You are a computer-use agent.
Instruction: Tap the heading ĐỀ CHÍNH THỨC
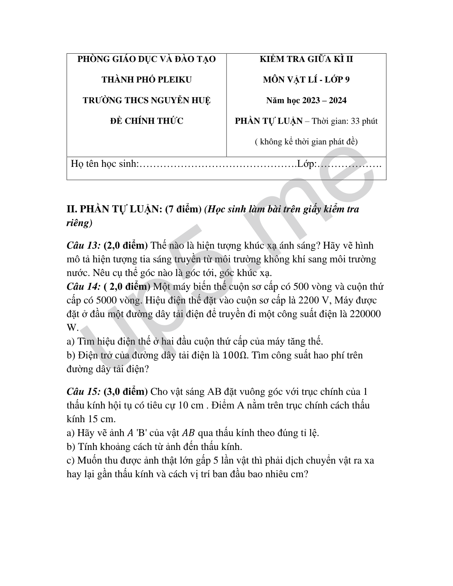[x=147, y=121]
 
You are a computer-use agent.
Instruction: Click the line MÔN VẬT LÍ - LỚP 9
[x=306, y=80]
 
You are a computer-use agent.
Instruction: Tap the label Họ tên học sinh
[x=104, y=164]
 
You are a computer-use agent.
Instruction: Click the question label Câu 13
[x=84, y=246]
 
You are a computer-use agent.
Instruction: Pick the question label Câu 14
[x=84, y=287]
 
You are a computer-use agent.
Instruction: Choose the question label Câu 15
[x=84, y=392]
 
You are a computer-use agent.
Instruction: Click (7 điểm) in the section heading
[x=183, y=209]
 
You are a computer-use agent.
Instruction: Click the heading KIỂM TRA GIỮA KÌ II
[x=306, y=59]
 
